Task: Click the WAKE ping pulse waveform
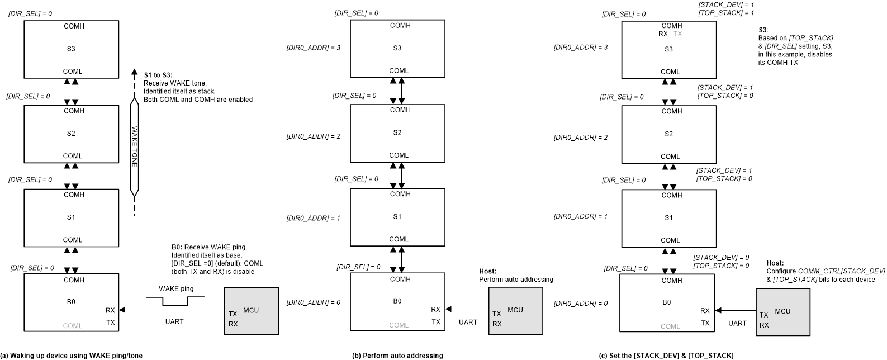[x=175, y=301]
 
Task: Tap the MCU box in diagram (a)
[x=251, y=311]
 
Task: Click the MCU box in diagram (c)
[x=782, y=311]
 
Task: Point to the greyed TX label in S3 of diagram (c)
[x=678, y=34]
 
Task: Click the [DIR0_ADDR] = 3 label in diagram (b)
[x=313, y=48]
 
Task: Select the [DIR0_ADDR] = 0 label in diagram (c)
[x=580, y=304]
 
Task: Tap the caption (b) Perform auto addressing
[x=397, y=356]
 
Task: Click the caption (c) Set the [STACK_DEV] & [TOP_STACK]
[x=666, y=356]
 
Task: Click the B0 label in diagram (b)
[x=397, y=301]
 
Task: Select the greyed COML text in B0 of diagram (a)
[x=72, y=326]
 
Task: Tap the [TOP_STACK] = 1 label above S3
[x=726, y=12]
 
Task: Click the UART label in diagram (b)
[x=468, y=322]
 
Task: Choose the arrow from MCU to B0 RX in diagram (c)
[x=735, y=311]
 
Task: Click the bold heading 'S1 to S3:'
[x=159, y=75]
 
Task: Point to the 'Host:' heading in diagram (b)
[x=487, y=271]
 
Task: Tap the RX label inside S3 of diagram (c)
[x=663, y=34]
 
